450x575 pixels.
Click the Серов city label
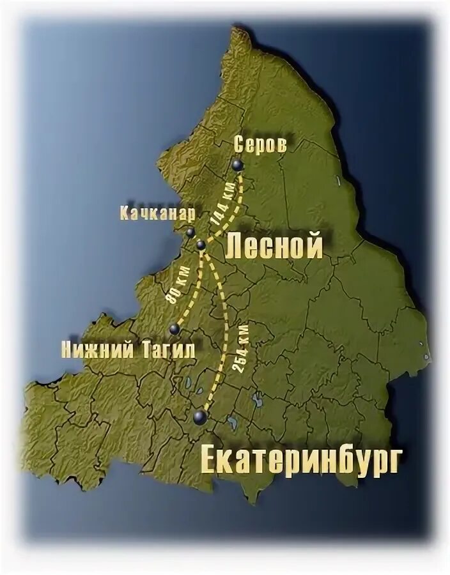(260, 144)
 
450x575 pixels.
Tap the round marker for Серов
(238, 165)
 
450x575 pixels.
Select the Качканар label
(157, 213)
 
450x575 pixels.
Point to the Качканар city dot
(190, 233)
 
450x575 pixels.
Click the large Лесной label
(274, 246)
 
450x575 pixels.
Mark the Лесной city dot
(201, 245)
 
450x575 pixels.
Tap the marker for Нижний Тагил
(174, 329)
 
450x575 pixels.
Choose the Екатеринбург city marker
(199, 417)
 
